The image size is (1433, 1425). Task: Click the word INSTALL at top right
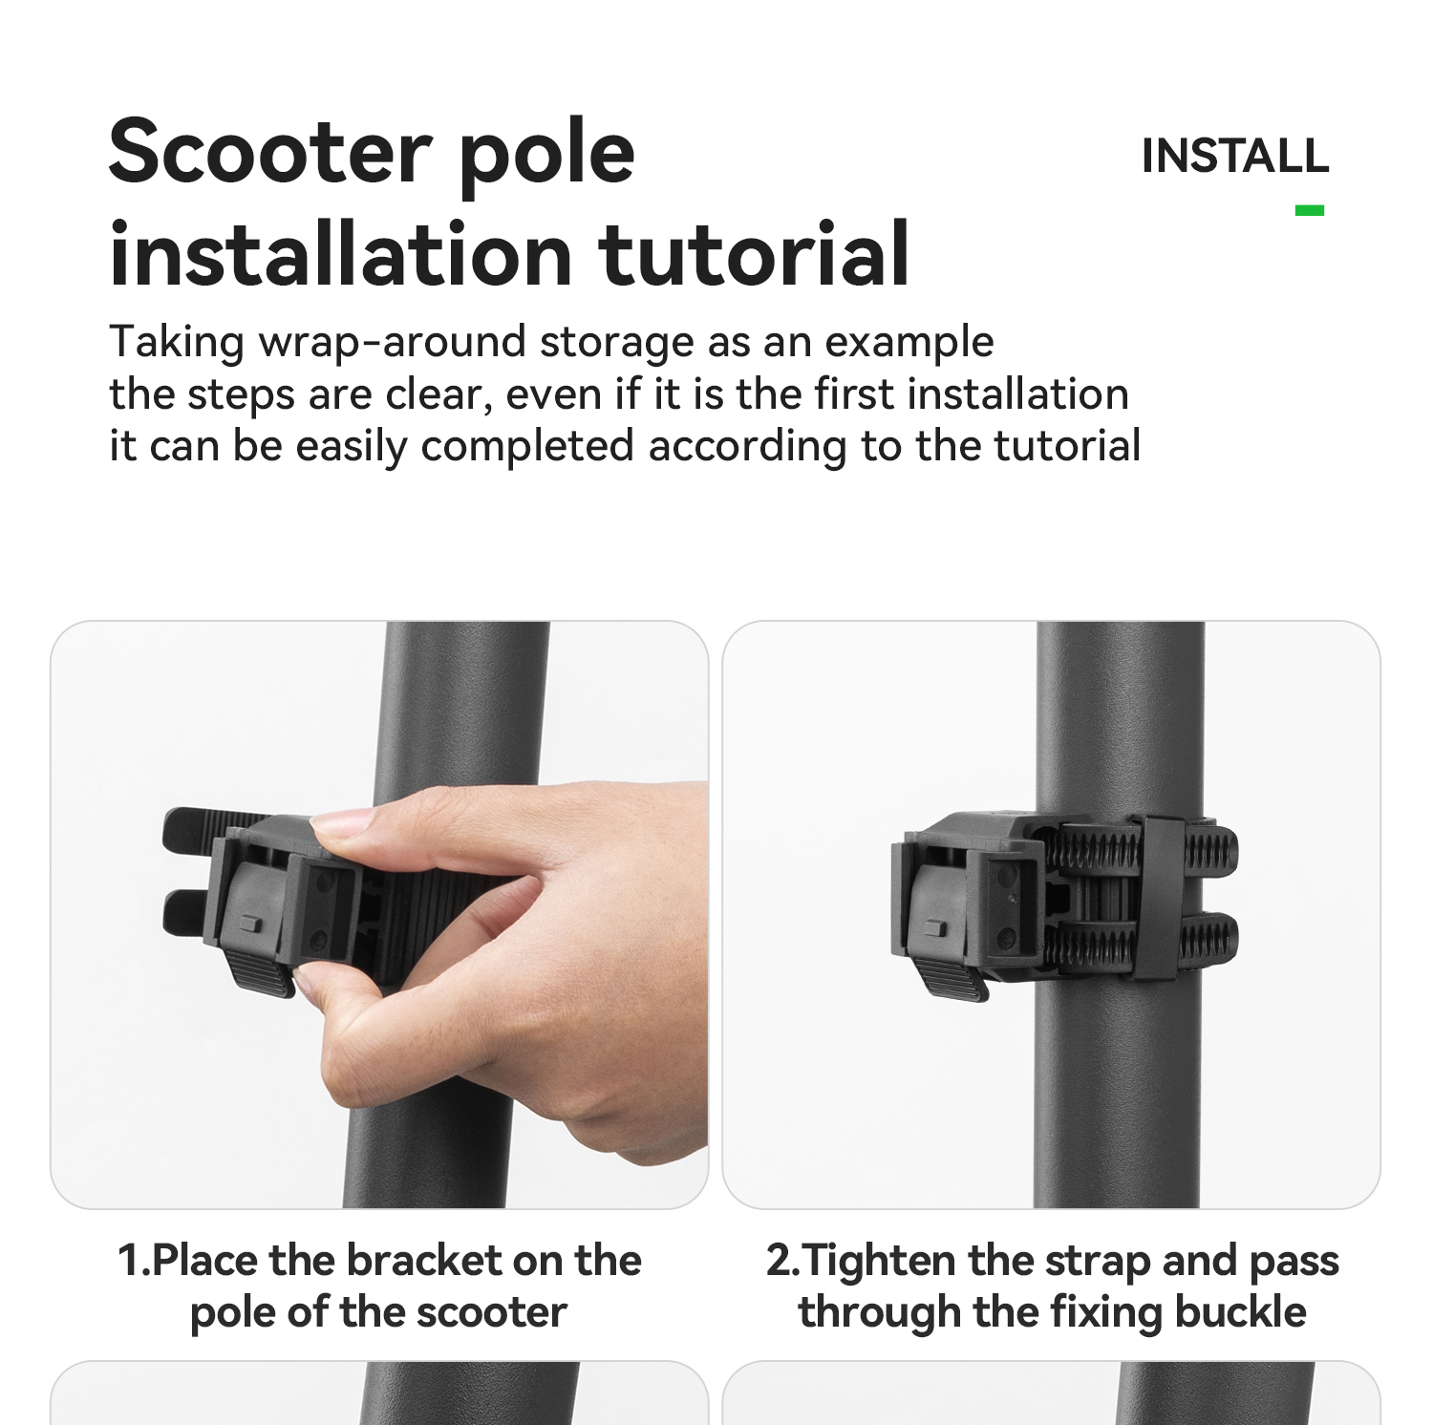pyautogui.click(x=1235, y=157)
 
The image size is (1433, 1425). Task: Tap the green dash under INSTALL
pyautogui.click(x=1310, y=210)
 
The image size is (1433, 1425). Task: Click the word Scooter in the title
pyautogui.click(x=270, y=153)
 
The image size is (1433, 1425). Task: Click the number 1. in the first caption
pyautogui.click(x=133, y=1261)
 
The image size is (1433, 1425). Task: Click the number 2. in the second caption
pyautogui.click(x=783, y=1261)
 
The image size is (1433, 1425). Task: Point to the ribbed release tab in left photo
pyautogui.click(x=261, y=975)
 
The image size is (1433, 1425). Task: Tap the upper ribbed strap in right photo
pyautogui.click(x=1137, y=847)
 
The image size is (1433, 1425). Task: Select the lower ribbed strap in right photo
pyautogui.click(x=1137, y=940)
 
